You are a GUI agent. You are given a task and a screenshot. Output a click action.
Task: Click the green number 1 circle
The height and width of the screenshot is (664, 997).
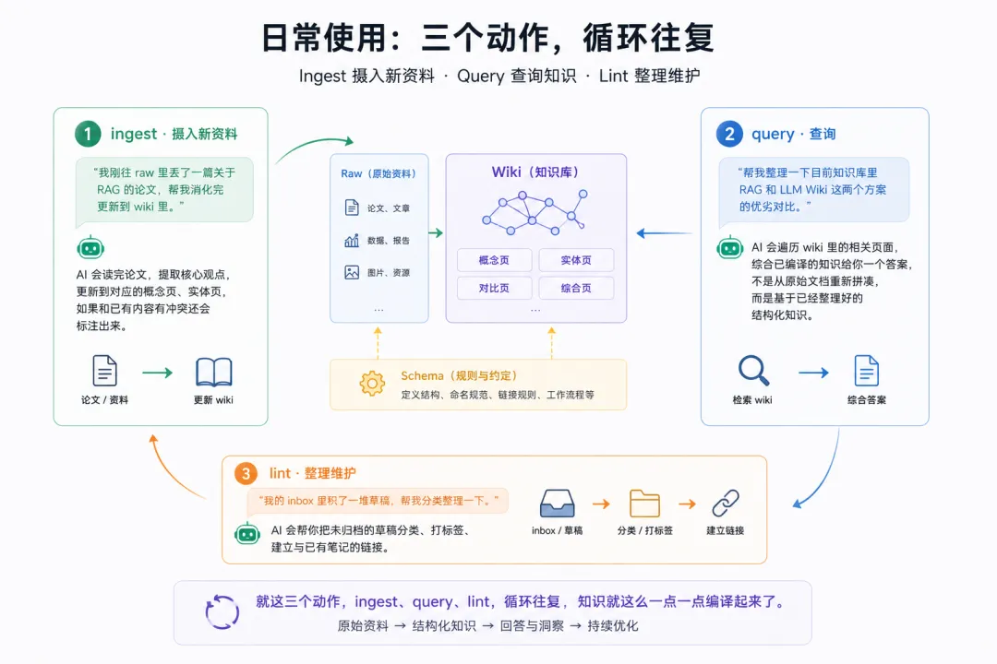point(88,134)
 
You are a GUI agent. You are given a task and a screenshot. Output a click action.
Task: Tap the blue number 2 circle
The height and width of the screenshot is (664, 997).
point(729,134)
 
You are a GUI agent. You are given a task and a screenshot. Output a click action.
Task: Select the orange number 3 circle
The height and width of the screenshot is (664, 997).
point(246,473)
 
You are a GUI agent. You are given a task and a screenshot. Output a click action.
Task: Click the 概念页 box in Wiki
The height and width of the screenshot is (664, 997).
point(494,260)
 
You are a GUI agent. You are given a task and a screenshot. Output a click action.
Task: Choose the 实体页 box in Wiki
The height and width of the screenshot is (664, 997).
point(576,260)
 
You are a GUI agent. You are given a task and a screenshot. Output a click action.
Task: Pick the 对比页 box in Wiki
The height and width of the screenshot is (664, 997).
point(494,288)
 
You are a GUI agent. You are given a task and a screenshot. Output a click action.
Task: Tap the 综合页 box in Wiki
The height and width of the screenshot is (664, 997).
point(576,288)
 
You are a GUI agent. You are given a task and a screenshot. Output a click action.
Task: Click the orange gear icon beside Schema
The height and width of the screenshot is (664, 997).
point(372,384)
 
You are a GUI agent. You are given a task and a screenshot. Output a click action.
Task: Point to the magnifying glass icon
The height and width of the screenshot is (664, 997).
point(754,371)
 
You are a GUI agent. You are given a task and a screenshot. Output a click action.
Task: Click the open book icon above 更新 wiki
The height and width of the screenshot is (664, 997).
point(213,372)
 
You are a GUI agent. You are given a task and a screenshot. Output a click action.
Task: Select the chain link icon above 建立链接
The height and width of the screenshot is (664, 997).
point(726,504)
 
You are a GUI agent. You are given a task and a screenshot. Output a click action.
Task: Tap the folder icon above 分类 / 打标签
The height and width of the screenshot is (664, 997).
point(644,504)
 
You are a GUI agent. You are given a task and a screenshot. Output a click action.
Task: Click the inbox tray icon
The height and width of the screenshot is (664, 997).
point(557,504)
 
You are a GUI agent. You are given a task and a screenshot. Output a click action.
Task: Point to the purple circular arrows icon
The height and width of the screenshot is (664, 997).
point(222,612)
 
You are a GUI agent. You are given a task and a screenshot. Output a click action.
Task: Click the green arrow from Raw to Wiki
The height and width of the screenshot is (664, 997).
point(436,233)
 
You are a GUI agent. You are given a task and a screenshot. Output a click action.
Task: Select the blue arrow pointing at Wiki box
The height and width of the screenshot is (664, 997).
point(665,233)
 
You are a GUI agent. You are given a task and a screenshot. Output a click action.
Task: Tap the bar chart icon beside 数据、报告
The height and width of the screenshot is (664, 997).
point(352,240)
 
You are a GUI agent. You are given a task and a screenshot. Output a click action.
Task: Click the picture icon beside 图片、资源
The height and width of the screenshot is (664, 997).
point(352,273)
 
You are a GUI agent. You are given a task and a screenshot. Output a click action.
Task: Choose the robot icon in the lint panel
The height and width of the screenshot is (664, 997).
point(246,533)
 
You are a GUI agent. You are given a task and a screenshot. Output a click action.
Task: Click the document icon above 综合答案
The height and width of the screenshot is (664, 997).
point(866,371)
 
